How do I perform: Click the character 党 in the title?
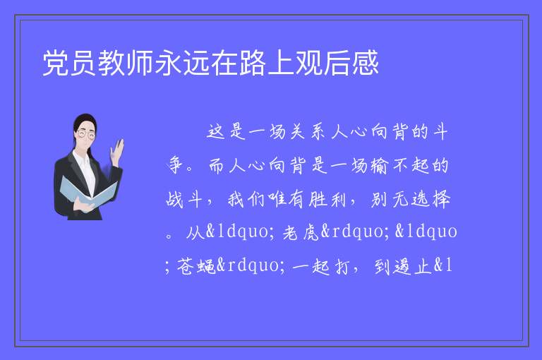coord(55,63)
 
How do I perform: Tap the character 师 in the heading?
coord(140,63)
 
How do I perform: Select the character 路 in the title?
coord(253,63)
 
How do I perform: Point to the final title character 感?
coord(366,63)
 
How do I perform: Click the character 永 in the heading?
coord(168,63)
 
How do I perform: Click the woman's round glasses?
coord(85,134)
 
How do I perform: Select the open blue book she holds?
coord(88,192)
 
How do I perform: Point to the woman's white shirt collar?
coord(82,157)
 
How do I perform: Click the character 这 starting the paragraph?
coord(216,132)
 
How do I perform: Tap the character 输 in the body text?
coord(380,166)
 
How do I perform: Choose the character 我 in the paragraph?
coord(236,200)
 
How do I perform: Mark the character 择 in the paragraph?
coord(440,200)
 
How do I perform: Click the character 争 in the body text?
coord(175,165)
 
